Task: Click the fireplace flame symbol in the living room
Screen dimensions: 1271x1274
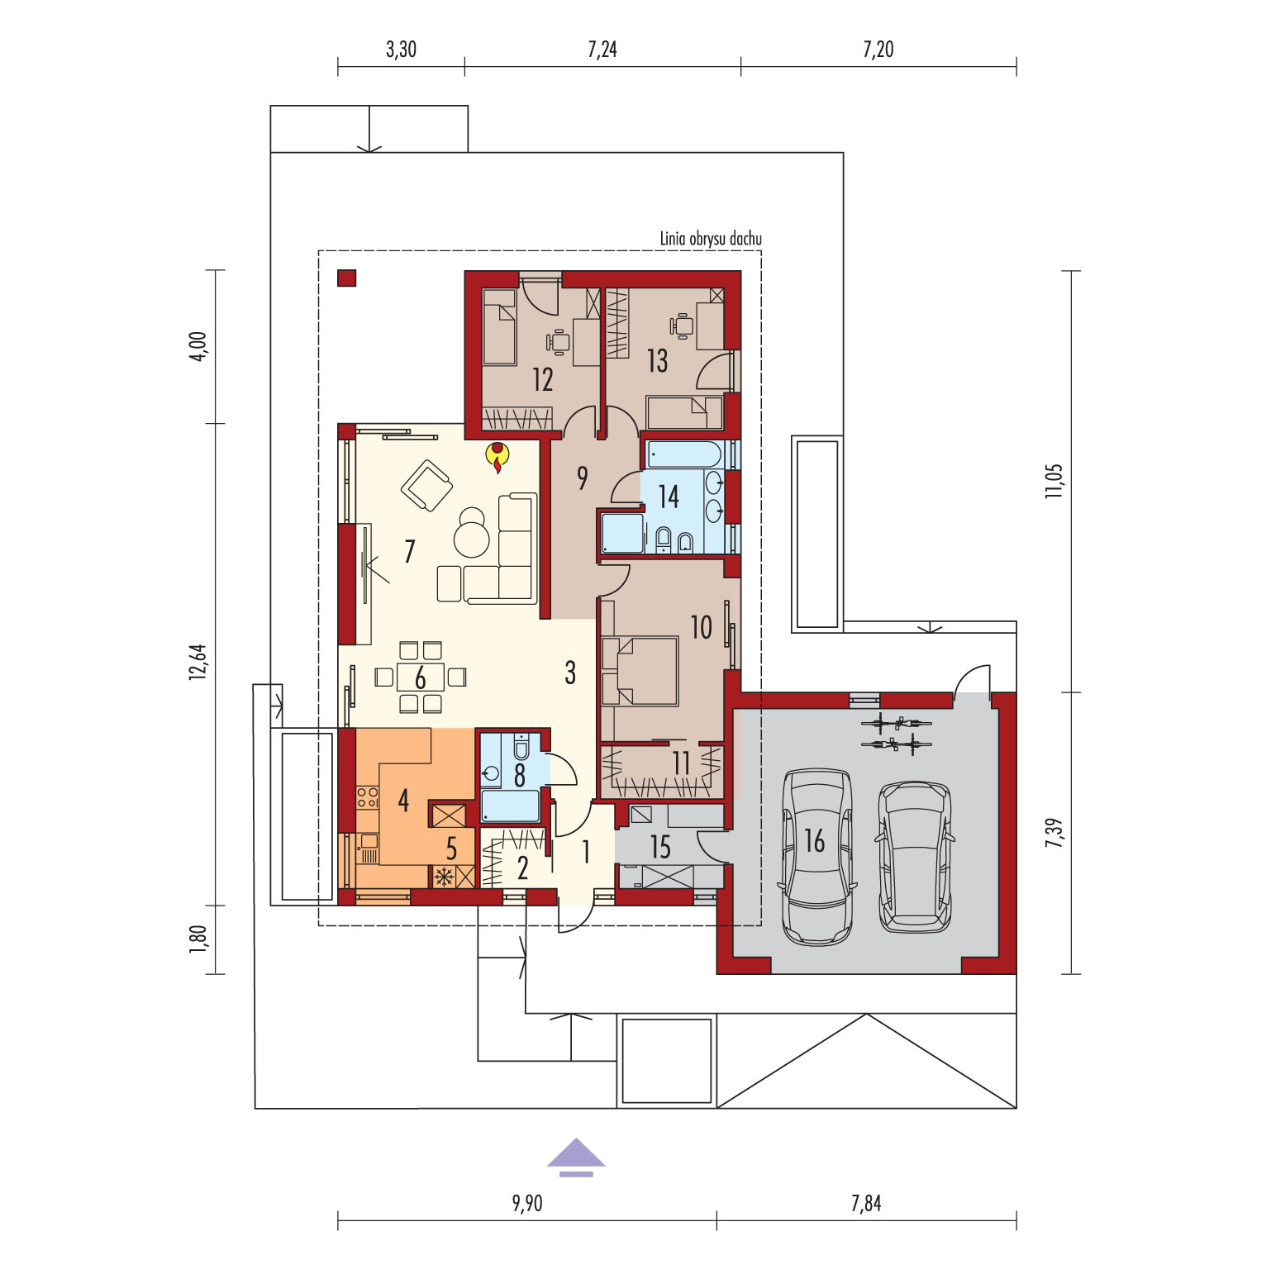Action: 498,457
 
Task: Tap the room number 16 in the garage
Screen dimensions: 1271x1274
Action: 815,841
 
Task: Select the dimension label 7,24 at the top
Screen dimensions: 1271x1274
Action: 602,50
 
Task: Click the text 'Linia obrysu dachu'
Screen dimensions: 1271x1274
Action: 711,239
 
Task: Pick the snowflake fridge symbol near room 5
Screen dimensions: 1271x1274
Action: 444,876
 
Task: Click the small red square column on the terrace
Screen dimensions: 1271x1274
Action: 346,278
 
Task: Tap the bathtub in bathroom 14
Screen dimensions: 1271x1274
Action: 685,454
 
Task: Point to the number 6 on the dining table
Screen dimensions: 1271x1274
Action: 421,678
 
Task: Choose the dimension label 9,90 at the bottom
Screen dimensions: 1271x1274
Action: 527,1203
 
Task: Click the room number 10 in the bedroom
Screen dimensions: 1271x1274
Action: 701,627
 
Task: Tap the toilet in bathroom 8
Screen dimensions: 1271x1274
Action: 521,748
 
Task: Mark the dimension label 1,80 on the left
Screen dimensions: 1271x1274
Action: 198,939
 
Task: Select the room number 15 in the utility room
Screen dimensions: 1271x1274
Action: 660,847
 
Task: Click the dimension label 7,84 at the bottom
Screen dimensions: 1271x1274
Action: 866,1203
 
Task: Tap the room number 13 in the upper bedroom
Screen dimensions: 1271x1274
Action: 657,360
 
